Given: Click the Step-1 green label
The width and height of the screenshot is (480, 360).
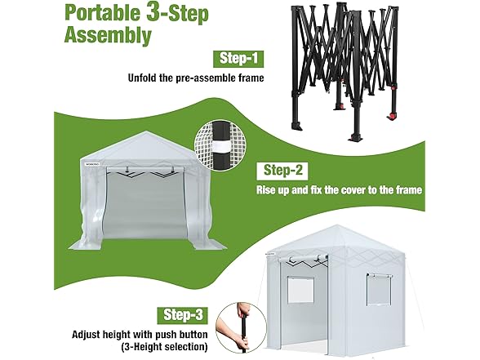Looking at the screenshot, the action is (238, 59).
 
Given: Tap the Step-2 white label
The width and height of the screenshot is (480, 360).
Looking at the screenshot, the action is (282, 171).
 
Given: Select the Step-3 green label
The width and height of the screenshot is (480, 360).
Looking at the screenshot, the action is (183, 315).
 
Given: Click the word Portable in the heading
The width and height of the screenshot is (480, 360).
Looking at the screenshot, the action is (102, 14).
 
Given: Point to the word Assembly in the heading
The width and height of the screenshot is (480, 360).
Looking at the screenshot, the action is (108, 36).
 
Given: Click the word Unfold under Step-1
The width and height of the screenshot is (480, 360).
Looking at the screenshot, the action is (142, 78).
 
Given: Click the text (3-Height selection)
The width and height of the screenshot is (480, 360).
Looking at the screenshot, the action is (164, 347).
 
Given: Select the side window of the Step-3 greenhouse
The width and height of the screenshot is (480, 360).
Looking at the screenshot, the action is (380, 290).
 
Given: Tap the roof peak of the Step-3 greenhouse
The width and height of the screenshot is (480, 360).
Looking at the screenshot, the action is (337, 225).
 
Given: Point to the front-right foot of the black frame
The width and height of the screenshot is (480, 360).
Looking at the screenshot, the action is (357, 137).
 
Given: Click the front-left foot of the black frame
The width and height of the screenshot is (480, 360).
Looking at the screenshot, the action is (297, 126).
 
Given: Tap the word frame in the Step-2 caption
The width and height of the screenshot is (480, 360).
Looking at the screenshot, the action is (409, 190).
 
